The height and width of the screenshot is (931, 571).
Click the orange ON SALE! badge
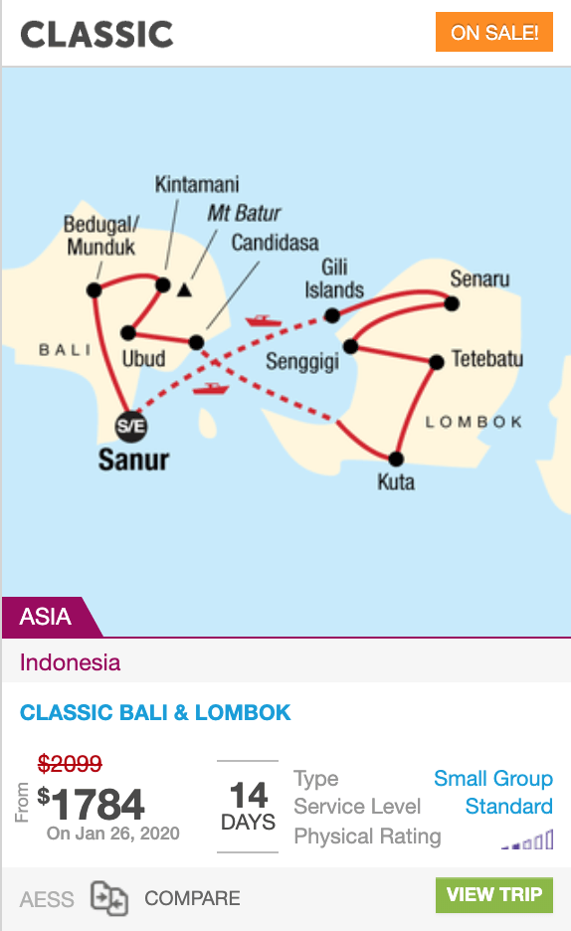pos(493,32)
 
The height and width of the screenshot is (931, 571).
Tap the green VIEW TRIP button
pos(493,895)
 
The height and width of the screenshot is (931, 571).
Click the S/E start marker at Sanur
pos(130,427)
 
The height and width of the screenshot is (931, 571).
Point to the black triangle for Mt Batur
pos(185,289)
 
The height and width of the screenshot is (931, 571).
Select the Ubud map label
pos(143,359)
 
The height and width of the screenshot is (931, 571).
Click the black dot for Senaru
pos(452,303)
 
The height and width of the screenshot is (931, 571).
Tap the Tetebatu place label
pos(487,359)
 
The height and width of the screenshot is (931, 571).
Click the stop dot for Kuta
pos(396,459)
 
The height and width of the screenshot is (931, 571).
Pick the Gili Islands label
pos(334,279)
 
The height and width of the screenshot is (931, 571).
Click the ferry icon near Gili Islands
pos(264,321)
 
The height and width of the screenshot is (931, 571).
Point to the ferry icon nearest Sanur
pos(211,389)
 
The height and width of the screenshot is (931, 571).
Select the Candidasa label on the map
pos(275,243)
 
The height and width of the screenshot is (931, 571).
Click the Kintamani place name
pos(197,184)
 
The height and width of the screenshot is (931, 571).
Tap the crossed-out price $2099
pos(70,763)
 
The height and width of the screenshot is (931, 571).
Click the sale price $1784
pos(91,805)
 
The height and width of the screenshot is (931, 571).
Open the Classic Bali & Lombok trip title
pos(155,712)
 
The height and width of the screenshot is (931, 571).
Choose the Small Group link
pos(493,778)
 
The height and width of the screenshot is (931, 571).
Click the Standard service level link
pos(508,806)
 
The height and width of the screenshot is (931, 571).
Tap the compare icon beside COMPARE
pos(109,898)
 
